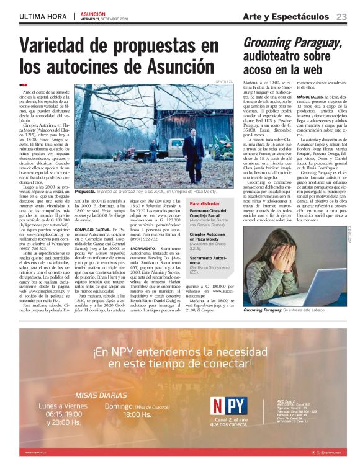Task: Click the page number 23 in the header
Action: click(341, 16)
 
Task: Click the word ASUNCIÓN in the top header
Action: click(93, 13)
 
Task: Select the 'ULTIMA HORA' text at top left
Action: click(42, 16)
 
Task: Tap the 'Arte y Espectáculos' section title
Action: click(286, 16)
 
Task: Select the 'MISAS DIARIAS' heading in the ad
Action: click(102, 395)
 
